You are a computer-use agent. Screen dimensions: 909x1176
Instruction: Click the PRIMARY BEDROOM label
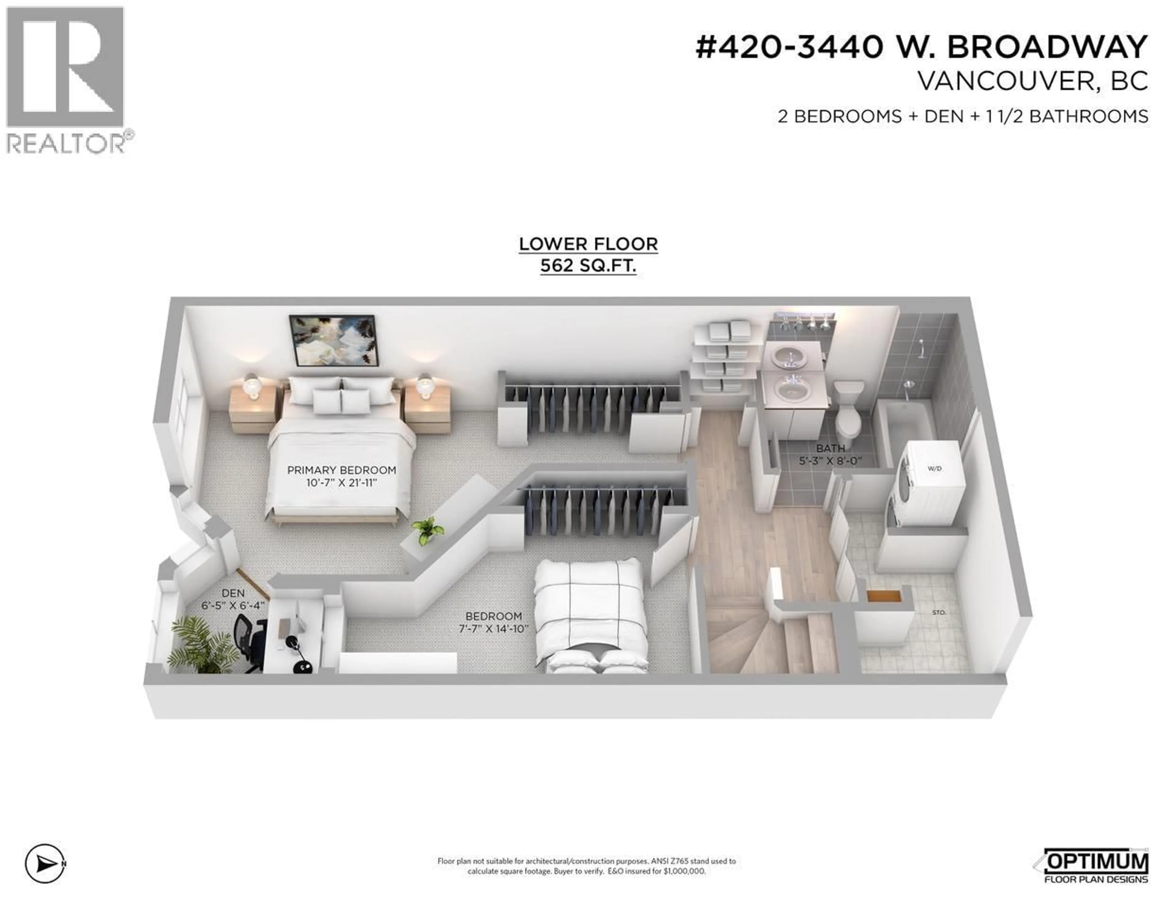(341, 470)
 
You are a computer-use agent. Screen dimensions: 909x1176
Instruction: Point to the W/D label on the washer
(934, 469)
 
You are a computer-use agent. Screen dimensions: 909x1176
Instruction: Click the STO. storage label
(939, 612)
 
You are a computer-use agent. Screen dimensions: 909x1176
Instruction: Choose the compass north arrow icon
(45, 864)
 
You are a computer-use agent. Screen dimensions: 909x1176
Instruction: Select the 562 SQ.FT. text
(588, 266)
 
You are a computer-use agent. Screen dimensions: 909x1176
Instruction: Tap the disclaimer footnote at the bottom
(586, 866)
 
